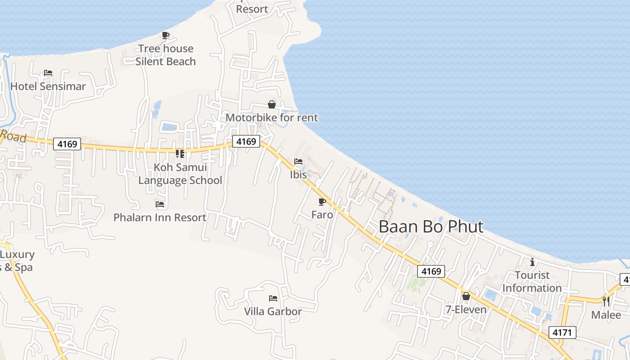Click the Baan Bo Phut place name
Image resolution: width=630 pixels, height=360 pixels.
431,226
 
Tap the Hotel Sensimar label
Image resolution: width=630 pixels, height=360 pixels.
48,86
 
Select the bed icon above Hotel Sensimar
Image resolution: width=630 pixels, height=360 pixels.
48,73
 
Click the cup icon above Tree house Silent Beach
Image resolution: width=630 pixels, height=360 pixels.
166,35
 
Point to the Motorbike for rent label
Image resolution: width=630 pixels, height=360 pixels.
272,118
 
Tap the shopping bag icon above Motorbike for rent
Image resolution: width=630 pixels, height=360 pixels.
272,105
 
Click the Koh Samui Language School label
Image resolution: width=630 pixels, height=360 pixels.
180,174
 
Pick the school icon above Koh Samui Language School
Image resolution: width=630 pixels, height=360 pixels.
180,154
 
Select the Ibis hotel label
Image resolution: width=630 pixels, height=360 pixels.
298,175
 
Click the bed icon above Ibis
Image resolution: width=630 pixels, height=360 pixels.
298,162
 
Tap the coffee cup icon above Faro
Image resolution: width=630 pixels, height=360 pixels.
322,202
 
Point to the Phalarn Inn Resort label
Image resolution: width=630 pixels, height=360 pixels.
160,217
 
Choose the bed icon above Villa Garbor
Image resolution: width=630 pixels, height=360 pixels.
273,298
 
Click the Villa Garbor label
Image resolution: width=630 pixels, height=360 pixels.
273,311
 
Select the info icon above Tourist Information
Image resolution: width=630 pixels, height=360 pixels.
532,262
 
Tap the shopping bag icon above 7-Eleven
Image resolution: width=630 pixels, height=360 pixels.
466,296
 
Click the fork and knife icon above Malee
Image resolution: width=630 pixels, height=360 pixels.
606,301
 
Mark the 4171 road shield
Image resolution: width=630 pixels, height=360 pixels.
562,333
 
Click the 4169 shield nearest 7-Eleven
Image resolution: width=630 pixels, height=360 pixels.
431,271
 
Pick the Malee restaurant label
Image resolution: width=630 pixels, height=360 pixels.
606,315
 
